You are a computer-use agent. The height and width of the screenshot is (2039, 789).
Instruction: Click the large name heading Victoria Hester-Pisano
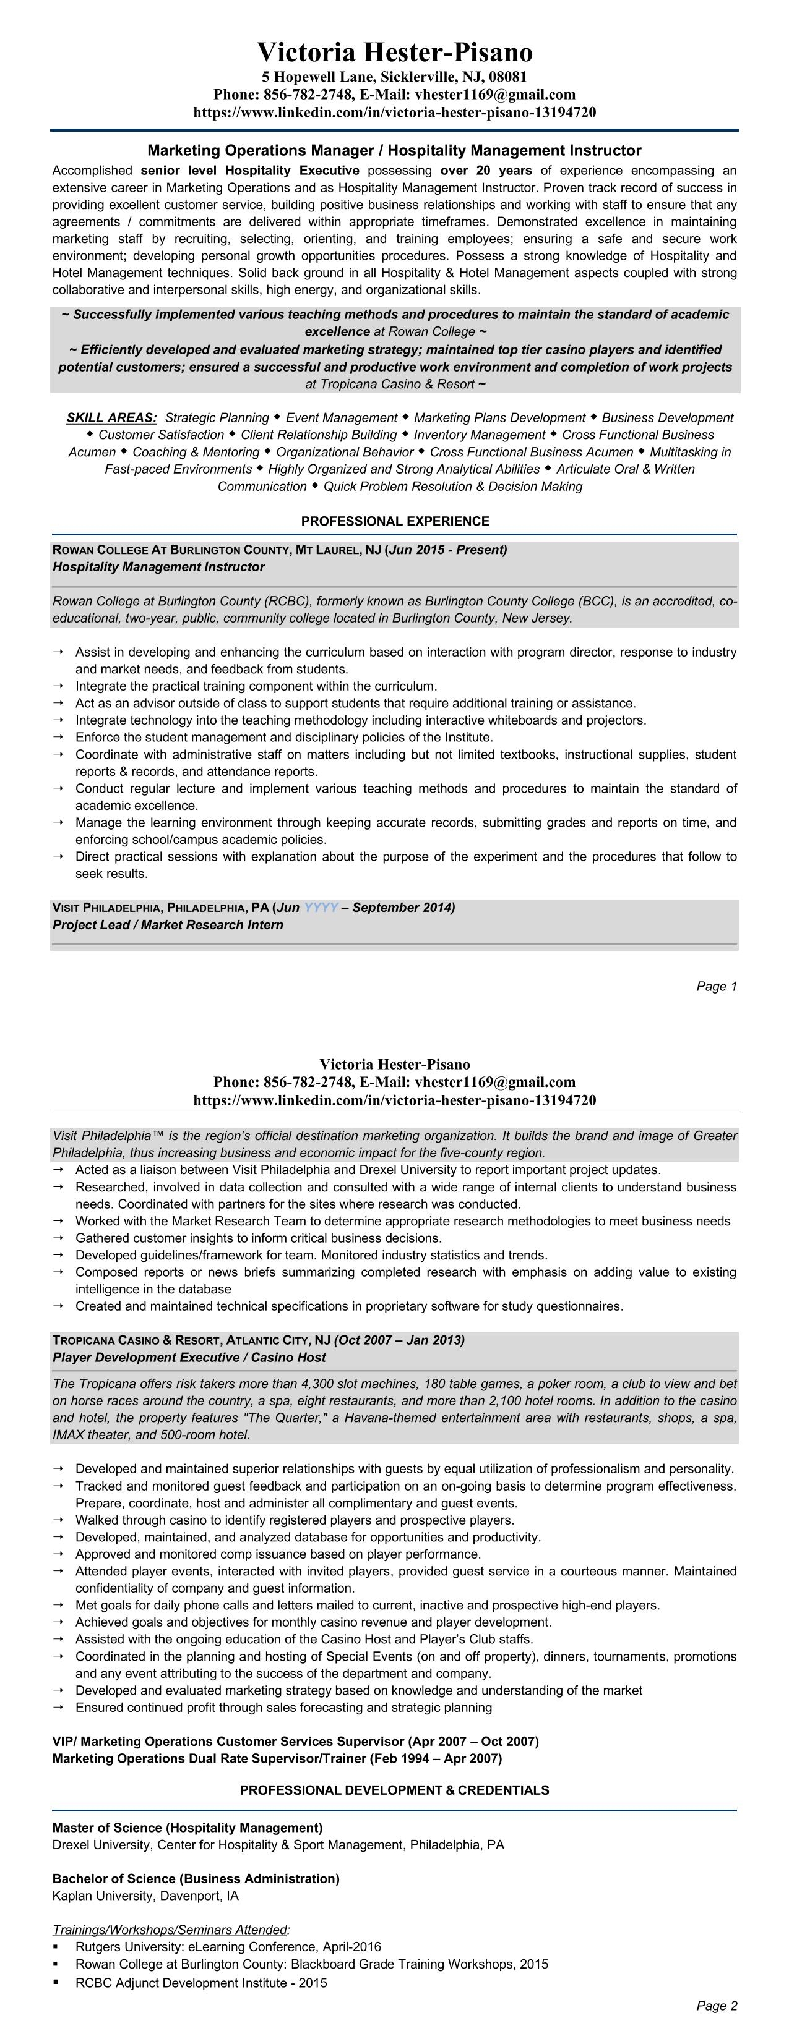(395, 52)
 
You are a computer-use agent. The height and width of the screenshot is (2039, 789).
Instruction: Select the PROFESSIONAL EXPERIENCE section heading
(395, 521)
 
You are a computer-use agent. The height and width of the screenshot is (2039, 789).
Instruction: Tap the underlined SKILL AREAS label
(111, 417)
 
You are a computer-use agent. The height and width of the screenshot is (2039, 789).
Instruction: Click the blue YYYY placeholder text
(321, 907)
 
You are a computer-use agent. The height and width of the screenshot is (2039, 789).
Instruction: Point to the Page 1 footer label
(716, 986)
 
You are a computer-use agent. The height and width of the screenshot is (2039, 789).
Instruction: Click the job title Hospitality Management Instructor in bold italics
(158, 567)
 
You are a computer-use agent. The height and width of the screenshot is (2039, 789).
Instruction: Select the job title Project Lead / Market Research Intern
(168, 924)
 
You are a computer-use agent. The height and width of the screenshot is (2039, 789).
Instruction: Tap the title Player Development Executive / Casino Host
(189, 1358)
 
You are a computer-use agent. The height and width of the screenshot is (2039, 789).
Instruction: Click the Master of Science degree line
(188, 1828)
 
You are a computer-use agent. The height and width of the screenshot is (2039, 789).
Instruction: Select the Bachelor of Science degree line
(196, 1878)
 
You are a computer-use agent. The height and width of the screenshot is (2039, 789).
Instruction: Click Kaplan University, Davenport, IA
(145, 1896)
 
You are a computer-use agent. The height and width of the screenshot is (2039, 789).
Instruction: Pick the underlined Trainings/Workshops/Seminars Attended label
(170, 1930)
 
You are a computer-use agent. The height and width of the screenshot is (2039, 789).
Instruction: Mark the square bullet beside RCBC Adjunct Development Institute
(56, 1982)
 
